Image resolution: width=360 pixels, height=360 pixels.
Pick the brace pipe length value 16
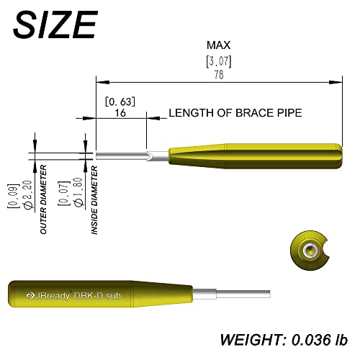click(120, 112)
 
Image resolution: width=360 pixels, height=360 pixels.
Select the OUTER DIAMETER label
click(43, 199)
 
